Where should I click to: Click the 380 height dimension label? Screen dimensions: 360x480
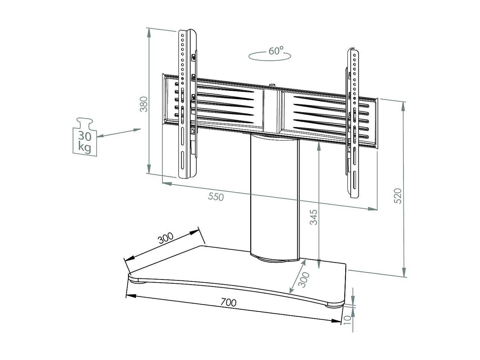(x=144, y=104)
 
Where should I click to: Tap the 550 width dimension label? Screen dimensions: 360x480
(x=216, y=196)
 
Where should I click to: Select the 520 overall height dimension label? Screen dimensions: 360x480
(x=397, y=196)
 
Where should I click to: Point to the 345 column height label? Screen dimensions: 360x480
(x=314, y=217)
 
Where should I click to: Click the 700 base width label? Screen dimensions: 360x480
(x=228, y=302)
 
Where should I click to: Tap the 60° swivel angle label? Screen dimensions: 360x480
(x=276, y=51)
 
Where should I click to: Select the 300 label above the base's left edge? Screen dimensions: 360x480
(x=166, y=238)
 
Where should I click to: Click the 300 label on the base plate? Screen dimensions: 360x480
(x=304, y=280)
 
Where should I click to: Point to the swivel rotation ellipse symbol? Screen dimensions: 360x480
(x=269, y=57)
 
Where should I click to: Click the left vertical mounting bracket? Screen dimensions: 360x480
(x=187, y=104)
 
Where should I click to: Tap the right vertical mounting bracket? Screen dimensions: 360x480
(x=354, y=123)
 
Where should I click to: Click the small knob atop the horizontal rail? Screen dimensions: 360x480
(x=272, y=85)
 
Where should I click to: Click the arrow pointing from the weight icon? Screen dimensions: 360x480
(x=119, y=132)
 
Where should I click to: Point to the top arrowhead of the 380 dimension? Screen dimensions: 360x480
(x=148, y=32)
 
